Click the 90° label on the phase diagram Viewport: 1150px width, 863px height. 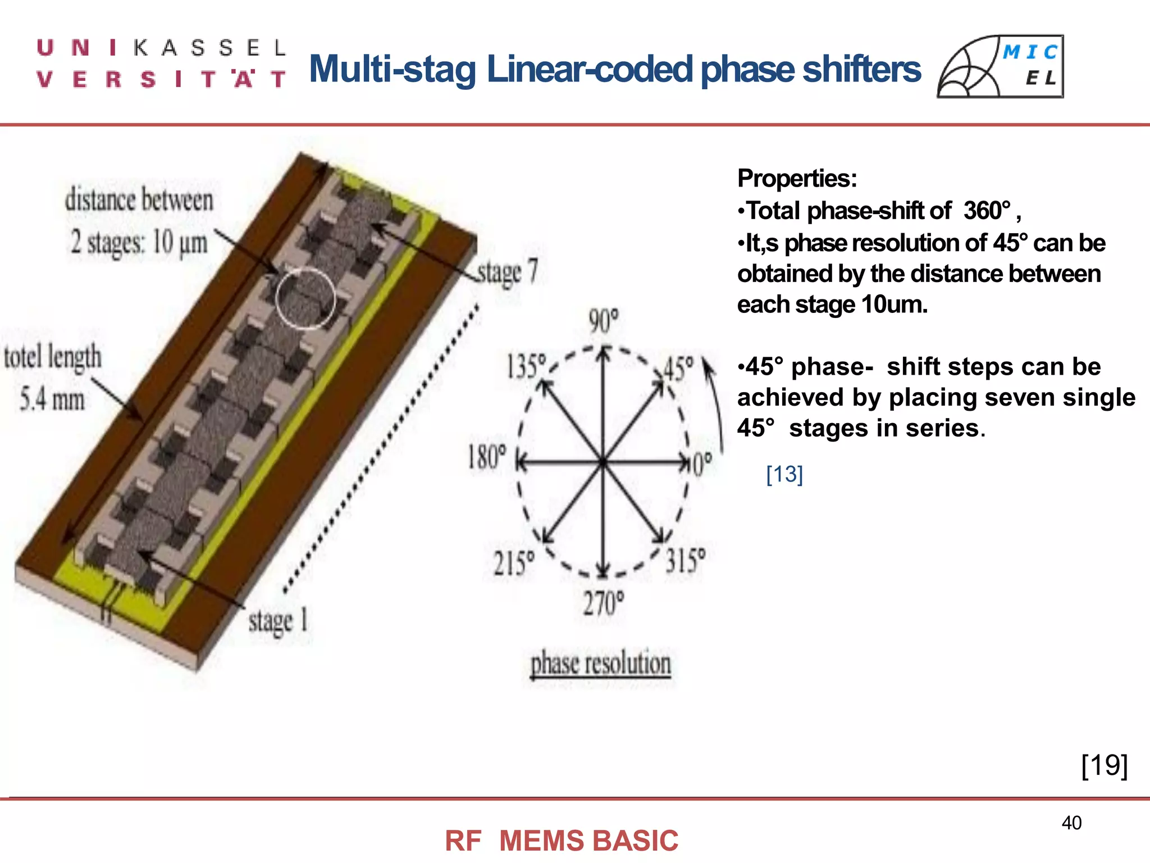604,321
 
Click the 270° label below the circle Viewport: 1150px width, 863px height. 604,604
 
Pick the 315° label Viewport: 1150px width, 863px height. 686,561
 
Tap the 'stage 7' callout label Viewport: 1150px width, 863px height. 508,272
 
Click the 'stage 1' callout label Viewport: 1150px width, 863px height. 278,621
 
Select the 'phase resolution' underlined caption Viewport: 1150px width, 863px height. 601,664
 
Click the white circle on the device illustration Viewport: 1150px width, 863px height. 305,298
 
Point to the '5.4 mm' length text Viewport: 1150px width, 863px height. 52,399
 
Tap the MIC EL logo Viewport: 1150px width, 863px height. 1000,66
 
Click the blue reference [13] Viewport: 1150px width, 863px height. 784,475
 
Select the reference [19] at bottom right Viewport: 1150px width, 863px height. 1104,765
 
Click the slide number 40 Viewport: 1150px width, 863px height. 1071,823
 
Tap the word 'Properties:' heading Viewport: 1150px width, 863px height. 797,179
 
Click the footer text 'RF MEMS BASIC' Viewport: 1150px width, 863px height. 562,841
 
